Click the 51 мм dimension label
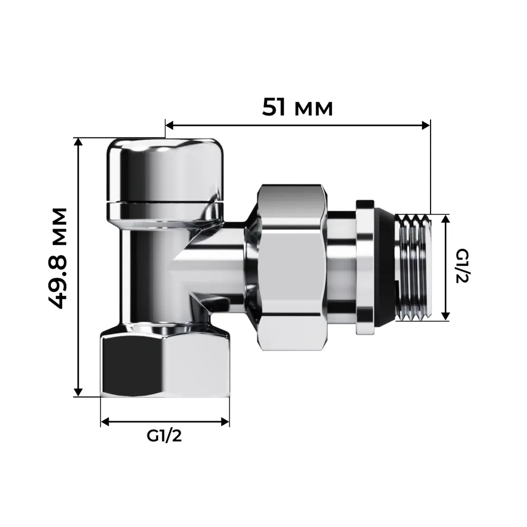pos(298,108)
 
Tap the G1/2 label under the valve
pos(164,436)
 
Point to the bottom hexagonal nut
pos(165,364)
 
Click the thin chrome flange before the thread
pos(365,266)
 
